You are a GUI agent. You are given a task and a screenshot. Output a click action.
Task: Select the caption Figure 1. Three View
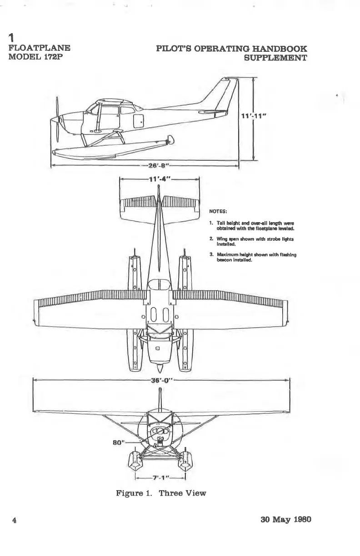161,493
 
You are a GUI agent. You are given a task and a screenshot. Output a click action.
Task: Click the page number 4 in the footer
15,520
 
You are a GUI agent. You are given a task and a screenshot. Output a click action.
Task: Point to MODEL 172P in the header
36,57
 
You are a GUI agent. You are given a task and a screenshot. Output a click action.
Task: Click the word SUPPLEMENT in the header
275,58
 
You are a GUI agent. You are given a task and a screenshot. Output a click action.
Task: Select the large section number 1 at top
13,37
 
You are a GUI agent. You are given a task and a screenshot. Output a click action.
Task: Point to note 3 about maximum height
253,258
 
